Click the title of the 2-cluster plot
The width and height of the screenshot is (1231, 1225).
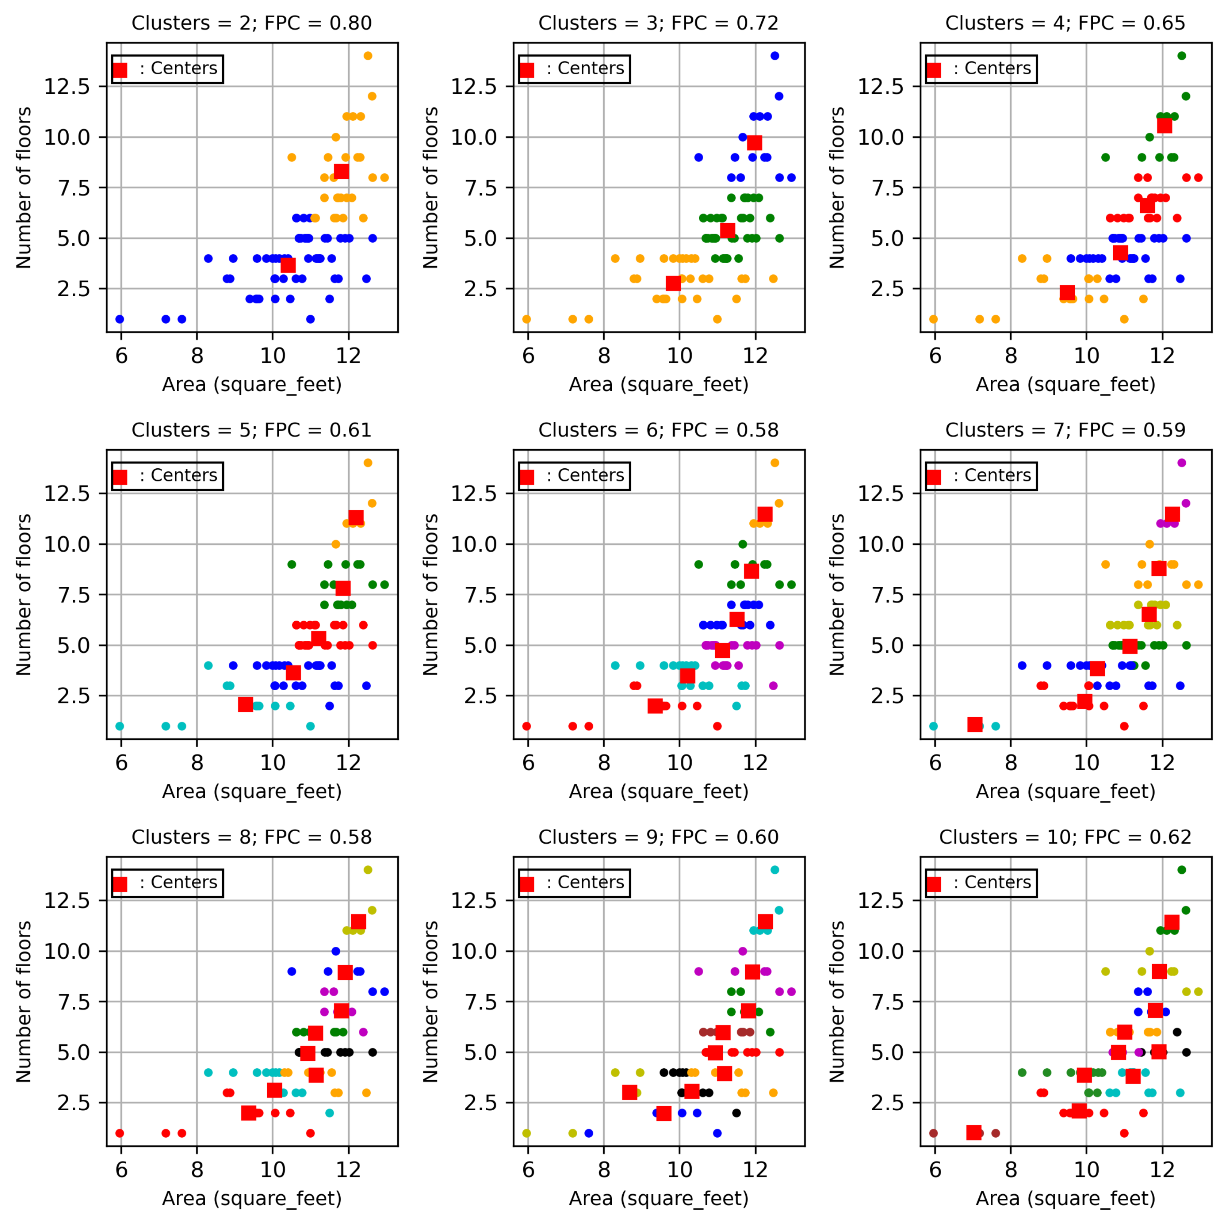click(252, 23)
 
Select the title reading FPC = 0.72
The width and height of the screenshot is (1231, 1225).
click(658, 23)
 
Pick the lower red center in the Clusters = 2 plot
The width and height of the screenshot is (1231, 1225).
click(288, 264)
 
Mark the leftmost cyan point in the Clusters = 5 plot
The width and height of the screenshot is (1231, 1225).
click(120, 726)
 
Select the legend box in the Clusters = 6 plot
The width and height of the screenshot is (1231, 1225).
click(574, 475)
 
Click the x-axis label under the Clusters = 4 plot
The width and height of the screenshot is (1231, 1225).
click(1065, 384)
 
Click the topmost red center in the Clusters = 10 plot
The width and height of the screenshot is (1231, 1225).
click(1171, 922)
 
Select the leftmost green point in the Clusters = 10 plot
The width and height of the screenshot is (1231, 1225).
click(1022, 1073)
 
